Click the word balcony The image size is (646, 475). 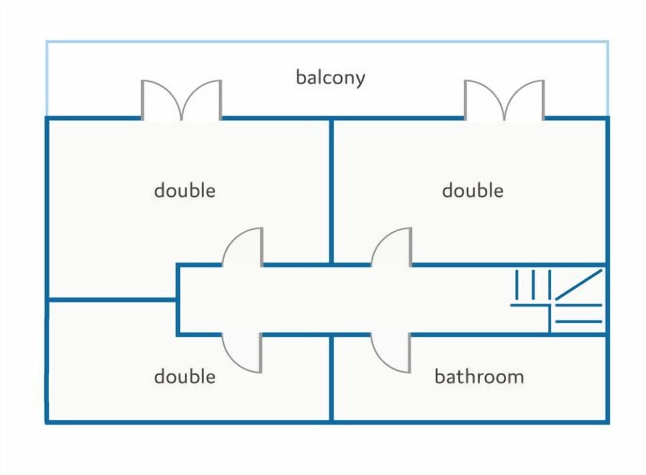click(330, 77)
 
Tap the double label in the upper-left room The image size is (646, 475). click(184, 190)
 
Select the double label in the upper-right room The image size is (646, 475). click(472, 190)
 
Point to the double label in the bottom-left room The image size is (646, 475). click(184, 376)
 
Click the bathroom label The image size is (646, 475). click(479, 376)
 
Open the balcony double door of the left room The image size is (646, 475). click(181, 99)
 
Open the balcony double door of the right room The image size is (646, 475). click(504, 99)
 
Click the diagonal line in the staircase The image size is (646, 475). click(579, 285)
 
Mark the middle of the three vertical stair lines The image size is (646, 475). click(533, 285)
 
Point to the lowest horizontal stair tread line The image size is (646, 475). click(579, 321)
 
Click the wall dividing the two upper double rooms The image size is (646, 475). click(331, 191)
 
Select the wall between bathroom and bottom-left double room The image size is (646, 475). click(331, 378)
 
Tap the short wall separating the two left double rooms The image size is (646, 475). click(112, 300)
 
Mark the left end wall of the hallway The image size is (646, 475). click(178, 300)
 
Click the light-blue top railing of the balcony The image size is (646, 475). click(327, 41)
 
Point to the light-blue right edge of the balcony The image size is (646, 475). click(608, 78)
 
